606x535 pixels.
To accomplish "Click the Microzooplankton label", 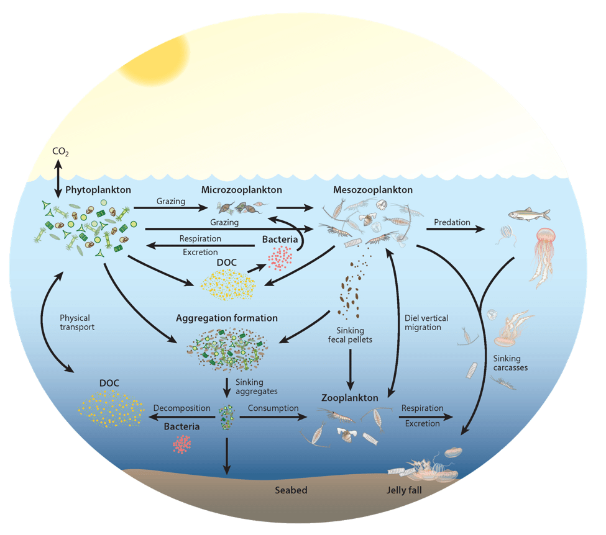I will coord(242,190).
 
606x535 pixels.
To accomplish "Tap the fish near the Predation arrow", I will coord(529,215).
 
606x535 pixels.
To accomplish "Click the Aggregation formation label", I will coord(227,318).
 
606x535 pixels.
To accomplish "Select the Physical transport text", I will coord(77,322).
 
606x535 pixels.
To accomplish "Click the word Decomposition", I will coord(181,408).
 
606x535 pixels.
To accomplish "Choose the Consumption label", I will coord(273,408).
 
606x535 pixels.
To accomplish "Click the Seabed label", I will coord(291,490).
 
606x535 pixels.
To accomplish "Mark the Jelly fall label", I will coord(412,490).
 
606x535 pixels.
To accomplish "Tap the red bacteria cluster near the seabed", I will coord(183,443).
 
